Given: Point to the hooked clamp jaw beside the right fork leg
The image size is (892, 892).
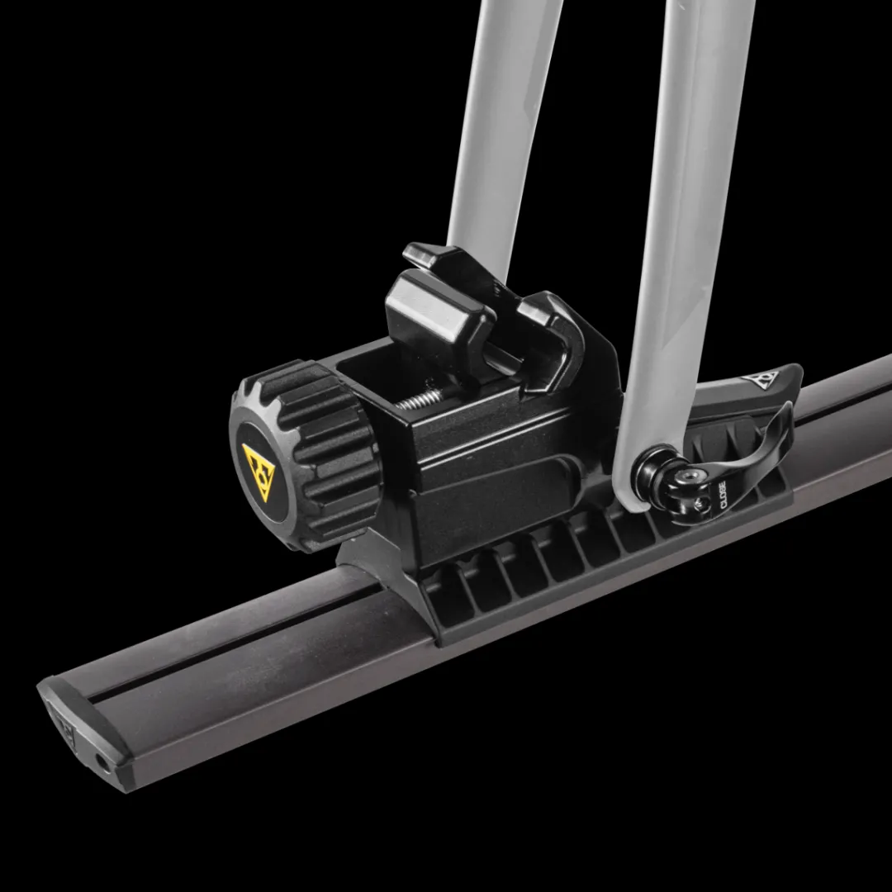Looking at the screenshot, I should point(562,330).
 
